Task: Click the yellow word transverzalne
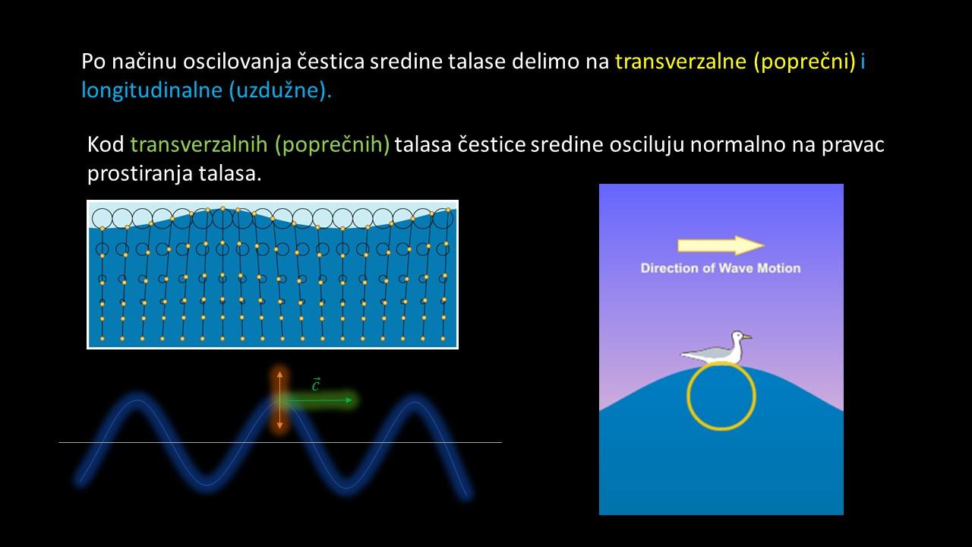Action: point(680,62)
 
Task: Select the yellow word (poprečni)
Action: point(805,62)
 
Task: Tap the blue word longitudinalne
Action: point(152,90)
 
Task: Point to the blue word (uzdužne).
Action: point(280,90)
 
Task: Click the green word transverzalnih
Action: point(199,144)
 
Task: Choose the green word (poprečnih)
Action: point(333,145)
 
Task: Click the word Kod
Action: point(106,144)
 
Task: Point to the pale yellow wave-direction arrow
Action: point(721,245)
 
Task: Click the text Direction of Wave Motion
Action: point(721,268)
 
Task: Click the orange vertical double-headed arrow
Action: point(280,400)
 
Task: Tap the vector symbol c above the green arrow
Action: point(316,384)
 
